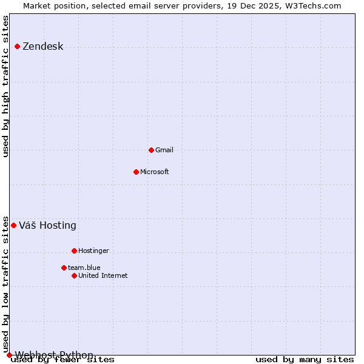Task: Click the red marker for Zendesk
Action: click(x=17, y=47)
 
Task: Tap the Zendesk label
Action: click(x=42, y=47)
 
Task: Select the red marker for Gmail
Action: click(x=151, y=150)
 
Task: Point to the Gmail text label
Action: click(x=164, y=150)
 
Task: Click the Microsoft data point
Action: click(x=136, y=172)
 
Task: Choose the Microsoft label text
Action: click(x=154, y=172)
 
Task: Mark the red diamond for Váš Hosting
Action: click(x=13, y=225)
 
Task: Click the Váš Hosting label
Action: click(x=47, y=226)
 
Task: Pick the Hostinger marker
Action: click(x=74, y=251)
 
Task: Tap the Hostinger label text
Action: click(x=93, y=251)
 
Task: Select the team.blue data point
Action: click(x=64, y=268)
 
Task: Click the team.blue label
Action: click(x=84, y=268)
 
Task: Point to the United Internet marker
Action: click(x=74, y=275)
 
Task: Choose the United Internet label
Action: click(x=103, y=275)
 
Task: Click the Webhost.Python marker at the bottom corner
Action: click(x=9, y=355)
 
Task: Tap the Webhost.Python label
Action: click(x=54, y=355)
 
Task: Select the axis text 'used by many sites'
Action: click(x=305, y=360)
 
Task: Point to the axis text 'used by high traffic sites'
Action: click(x=6, y=86)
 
